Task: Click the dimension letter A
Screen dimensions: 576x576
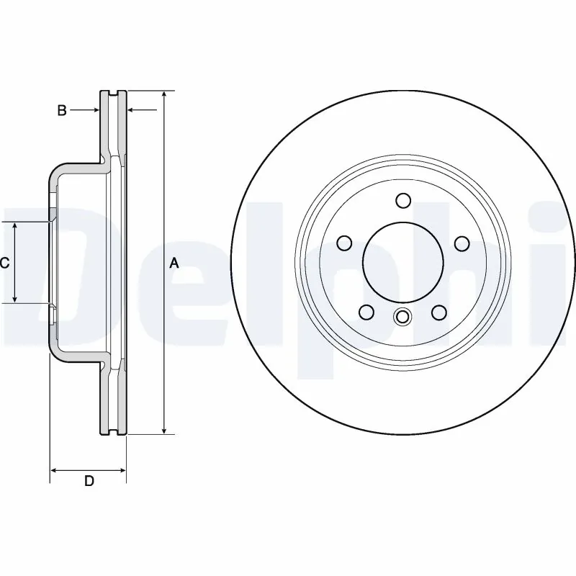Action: [x=174, y=264]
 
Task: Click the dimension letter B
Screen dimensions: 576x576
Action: [x=62, y=110]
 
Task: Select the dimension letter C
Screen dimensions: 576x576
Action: [x=4, y=264]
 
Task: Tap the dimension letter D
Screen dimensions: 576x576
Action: [x=89, y=481]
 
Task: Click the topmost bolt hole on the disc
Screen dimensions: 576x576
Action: [x=403, y=201]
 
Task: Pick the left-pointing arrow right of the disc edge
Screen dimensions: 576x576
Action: [x=132, y=110]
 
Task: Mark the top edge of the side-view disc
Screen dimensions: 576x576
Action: [x=112, y=91]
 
